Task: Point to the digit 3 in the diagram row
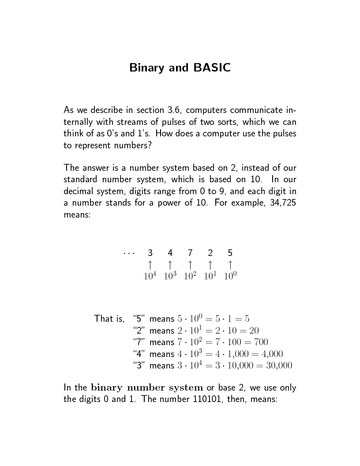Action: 150,253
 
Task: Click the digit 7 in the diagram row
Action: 190,253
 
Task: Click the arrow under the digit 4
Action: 170,265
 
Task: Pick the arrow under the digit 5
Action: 230,265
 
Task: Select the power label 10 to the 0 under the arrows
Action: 230,276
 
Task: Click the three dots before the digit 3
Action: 129,253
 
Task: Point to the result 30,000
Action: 277,366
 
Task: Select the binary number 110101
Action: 209,400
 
